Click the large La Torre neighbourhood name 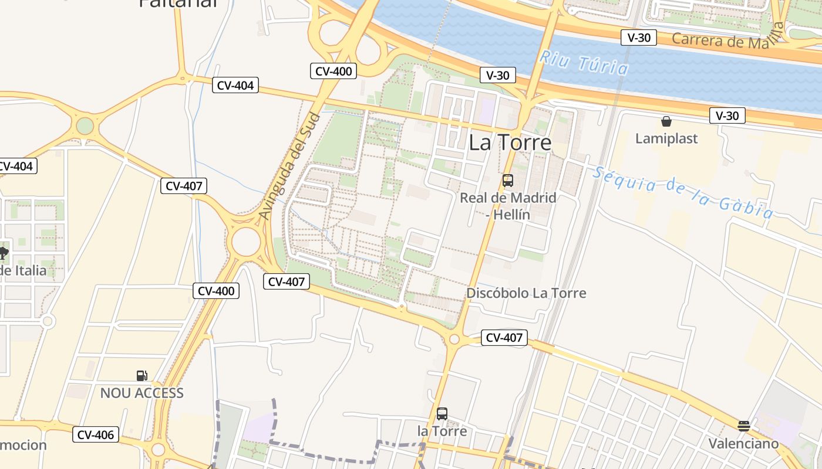(x=510, y=142)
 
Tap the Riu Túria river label (x=584, y=63)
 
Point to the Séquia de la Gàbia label (x=682, y=192)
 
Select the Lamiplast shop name (x=666, y=138)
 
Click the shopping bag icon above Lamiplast (x=666, y=122)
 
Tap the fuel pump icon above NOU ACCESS (x=142, y=376)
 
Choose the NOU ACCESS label (x=142, y=393)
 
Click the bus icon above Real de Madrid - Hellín (x=508, y=181)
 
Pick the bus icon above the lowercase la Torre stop (x=442, y=414)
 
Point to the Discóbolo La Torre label (x=526, y=293)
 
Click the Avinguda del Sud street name (x=290, y=166)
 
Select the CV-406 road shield (x=96, y=434)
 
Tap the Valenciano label (x=743, y=443)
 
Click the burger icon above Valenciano (x=744, y=426)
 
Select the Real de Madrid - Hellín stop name (x=508, y=206)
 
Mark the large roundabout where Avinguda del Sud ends (x=245, y=242)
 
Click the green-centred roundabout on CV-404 (x=85, y=125)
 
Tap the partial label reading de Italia (x=22, y=270)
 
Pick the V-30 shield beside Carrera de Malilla (x=638, y=38)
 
